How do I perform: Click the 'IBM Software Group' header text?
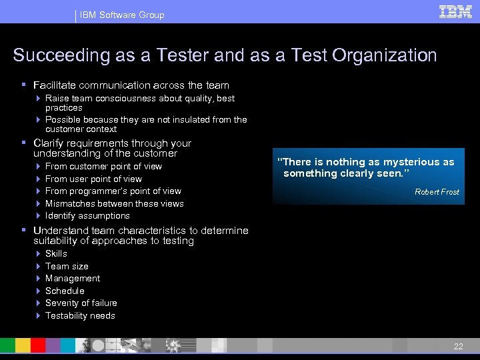pos(122,15)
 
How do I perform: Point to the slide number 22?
pos(458,346)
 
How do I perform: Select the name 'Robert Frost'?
pos(437,192)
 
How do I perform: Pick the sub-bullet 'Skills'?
pos(56,254)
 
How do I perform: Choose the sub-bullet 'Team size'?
pos(67,266)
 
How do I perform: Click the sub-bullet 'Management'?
pos(73,279)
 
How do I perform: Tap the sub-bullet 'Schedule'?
pos(65,291)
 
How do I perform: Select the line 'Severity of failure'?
pos(81,303)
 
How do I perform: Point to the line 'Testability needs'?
pos(80,315)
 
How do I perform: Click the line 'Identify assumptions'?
pos(87,216)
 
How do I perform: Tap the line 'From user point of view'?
pos(93,179)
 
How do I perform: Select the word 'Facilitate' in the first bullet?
pos(54,85)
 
